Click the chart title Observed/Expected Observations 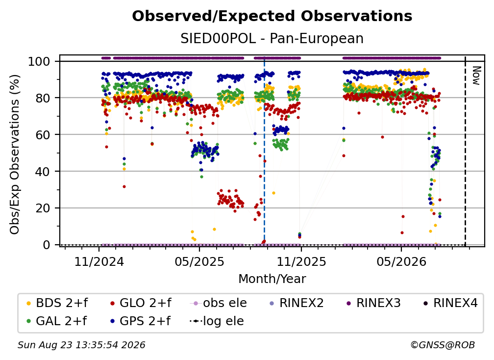point(272,16)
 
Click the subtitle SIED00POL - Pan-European point(272,38)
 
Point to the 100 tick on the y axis point(39,61)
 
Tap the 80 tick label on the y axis point(43,98)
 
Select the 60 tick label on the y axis point(43,134)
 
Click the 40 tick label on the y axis point(43,172)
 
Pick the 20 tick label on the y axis point(43,208)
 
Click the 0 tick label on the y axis point(47,245)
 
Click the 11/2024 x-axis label point(99,261)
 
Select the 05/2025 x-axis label point(199,261)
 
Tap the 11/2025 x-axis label point(301,261)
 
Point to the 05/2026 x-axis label point(401,261)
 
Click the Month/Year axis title point(272,279)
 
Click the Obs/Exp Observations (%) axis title point(15,154)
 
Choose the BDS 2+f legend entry point(57,303)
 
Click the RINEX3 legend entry point(373,303)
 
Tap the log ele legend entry point(217,321)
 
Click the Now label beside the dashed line point(476,76)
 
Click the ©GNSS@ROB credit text point(443,345)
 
